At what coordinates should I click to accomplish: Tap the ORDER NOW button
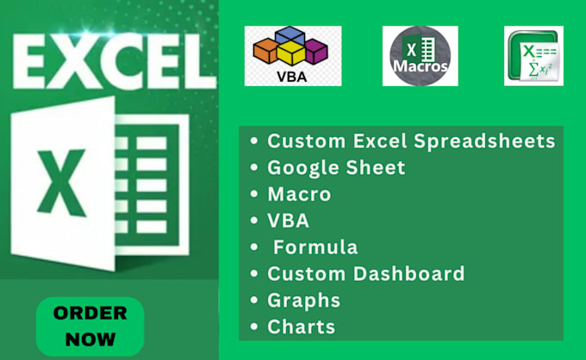pos(90,326)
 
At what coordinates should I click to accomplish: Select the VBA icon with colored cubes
pos(292,55)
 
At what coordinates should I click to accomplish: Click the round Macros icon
pos(420,55)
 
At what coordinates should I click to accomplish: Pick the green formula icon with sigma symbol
pos(533,55)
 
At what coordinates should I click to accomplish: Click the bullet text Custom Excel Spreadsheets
pos(410,141)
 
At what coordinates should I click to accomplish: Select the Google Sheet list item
pos(336,168)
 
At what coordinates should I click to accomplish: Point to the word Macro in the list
pos(299,195)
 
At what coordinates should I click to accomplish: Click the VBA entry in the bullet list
pos(289,220)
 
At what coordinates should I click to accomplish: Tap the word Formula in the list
pos(315,247)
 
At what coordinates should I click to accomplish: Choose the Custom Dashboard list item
pos(365,274)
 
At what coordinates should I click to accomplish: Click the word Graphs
pos(303,300)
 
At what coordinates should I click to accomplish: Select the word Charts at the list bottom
pos(301,326)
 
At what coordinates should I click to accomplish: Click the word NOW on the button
pos(90,338)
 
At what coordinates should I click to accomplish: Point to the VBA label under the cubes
pos(292,75)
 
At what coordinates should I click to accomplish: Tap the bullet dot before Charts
pos(254,327)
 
